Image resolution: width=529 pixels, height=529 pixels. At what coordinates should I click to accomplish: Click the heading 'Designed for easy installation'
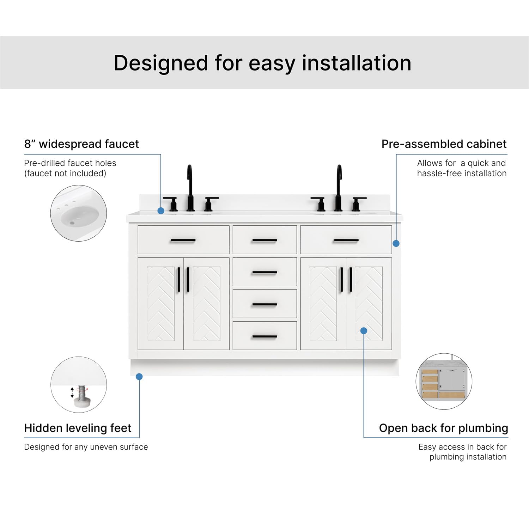262,63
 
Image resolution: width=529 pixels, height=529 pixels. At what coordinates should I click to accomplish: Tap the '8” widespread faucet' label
81,144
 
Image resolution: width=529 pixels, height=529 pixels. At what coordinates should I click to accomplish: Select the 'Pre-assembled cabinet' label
444,144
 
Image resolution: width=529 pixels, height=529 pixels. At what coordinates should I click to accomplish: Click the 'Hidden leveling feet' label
78,428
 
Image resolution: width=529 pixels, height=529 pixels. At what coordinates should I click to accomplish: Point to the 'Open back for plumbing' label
443,428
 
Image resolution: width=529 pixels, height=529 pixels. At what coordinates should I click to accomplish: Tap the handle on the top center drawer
264,240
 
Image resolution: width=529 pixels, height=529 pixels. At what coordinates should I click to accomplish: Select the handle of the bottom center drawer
264,336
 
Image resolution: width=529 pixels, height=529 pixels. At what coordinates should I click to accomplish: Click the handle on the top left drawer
183,240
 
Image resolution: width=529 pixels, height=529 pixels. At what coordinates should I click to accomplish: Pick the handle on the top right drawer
346,240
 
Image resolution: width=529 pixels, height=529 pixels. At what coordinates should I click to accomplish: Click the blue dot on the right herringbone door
364,330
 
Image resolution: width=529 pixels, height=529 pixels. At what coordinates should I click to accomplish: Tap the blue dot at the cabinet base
139,377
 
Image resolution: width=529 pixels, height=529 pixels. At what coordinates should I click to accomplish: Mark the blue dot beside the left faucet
161,211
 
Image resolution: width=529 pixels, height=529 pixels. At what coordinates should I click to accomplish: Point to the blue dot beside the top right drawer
396,243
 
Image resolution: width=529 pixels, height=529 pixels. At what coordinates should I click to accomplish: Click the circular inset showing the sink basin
78,213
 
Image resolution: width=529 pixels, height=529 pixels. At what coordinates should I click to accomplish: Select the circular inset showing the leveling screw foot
78,384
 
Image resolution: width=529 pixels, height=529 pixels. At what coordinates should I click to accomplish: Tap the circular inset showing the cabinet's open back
444,382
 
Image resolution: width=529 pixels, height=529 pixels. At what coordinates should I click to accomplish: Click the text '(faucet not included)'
65,173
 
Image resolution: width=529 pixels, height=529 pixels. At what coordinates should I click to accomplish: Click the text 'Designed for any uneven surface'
86,447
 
